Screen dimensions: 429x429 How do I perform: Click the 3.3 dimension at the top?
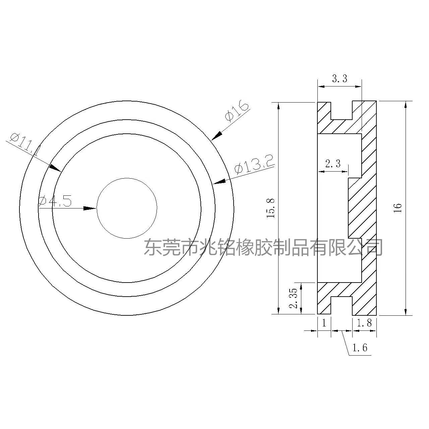(340, 78)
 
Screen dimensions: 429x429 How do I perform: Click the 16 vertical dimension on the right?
(397, 208)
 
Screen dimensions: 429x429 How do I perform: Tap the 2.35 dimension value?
(293, 298)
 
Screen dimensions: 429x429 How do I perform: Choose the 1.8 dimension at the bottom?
(364, 323)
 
